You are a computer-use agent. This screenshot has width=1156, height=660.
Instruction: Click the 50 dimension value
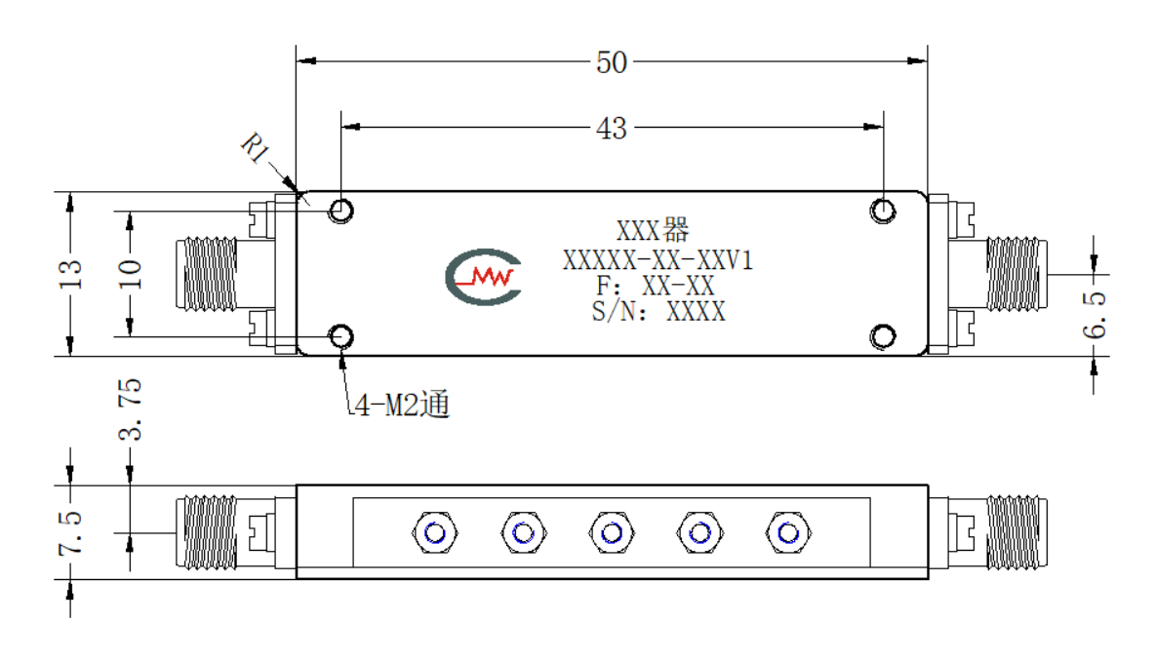pos(612,62)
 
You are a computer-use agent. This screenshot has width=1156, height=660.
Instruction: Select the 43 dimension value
pos(612,129)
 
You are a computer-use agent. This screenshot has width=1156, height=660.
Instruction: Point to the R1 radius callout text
pos(256,147)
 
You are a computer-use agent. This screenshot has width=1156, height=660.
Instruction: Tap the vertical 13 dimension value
pos(71,274)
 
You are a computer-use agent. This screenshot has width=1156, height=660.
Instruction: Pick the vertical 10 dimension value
pos(130,274)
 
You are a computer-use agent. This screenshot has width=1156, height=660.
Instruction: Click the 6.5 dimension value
pos(1095,315)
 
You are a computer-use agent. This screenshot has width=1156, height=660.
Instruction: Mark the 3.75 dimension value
pos(130,409)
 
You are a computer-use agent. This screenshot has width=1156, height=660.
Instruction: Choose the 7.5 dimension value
pos(71,532)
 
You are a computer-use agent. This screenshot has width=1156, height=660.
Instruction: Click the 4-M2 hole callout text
pos(402,405)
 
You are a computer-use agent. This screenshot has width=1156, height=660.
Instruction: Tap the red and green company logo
pos(484,277)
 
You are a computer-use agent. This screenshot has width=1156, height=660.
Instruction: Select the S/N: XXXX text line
pos(658,312)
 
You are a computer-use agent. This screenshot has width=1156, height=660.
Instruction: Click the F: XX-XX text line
pos(656,286)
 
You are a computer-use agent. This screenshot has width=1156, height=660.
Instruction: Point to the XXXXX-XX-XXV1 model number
pos(658,260)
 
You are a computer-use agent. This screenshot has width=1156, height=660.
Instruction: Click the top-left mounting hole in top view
pos(340,211)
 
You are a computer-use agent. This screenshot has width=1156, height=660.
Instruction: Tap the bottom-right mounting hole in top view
pos(883,336)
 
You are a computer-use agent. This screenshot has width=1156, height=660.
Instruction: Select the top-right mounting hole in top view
pos(883,211)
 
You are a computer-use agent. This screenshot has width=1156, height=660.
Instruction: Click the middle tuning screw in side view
pos(612,532)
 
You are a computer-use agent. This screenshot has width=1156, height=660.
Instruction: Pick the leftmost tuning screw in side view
pos(435,532)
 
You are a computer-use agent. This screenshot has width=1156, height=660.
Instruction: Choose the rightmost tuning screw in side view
pos(788,532)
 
